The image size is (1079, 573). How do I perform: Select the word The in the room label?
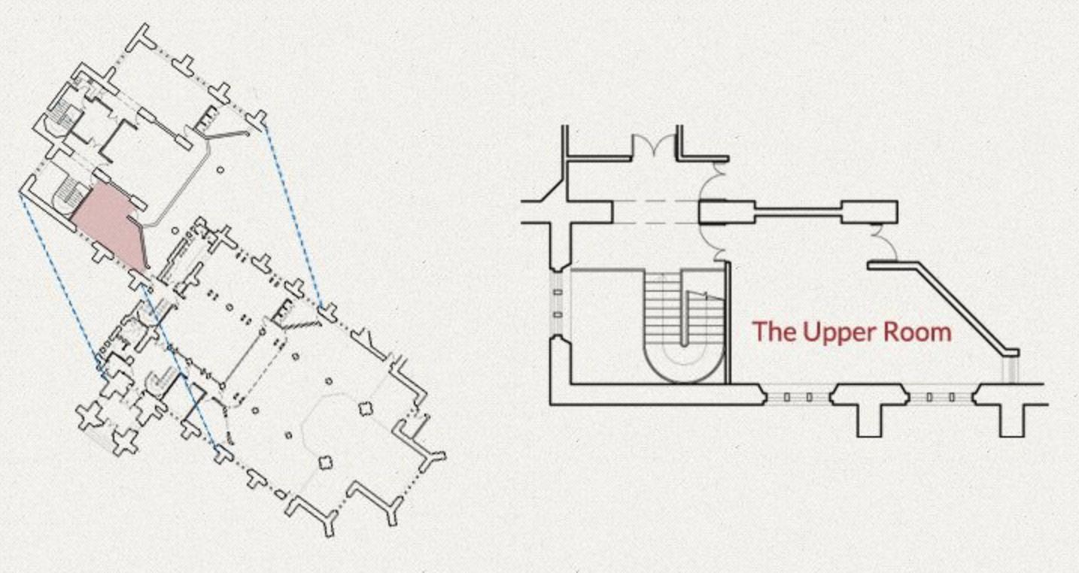[774, 332]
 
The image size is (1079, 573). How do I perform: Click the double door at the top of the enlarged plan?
[655, 147]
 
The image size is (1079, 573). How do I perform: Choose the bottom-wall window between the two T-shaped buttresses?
[941, 396]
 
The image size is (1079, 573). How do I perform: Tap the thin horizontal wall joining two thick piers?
[798, 213]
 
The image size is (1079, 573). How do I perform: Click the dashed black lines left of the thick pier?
[655, 212]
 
